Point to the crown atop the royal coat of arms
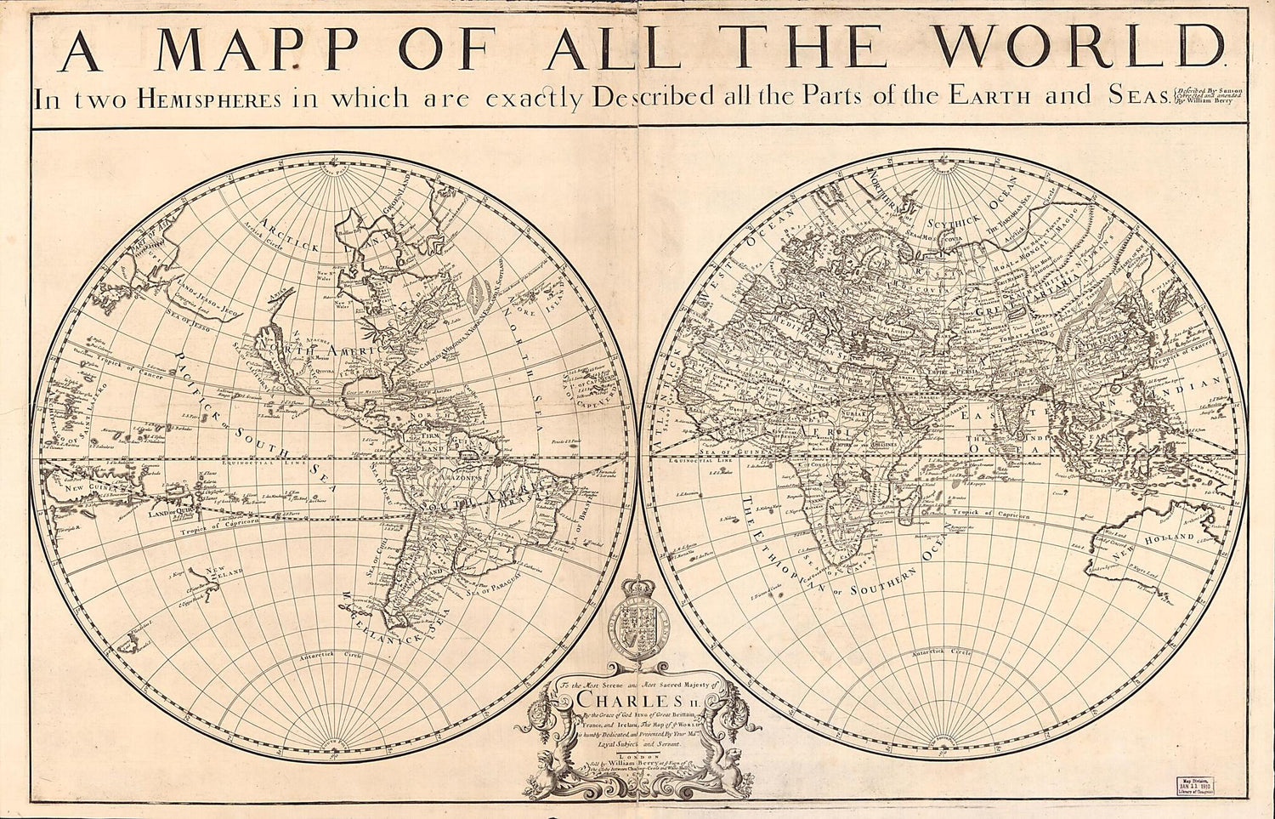[635, 588]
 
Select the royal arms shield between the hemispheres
[636, 633]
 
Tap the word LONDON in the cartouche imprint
[637, 755]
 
